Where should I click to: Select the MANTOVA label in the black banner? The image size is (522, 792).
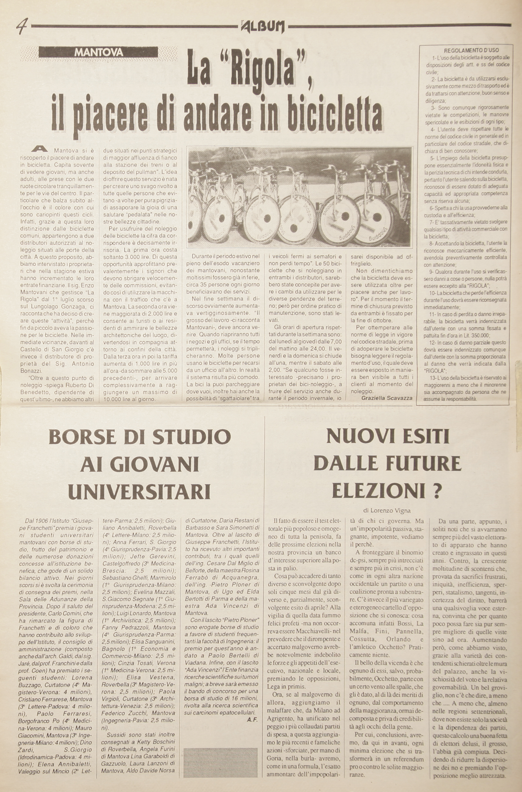coord(99,52)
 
